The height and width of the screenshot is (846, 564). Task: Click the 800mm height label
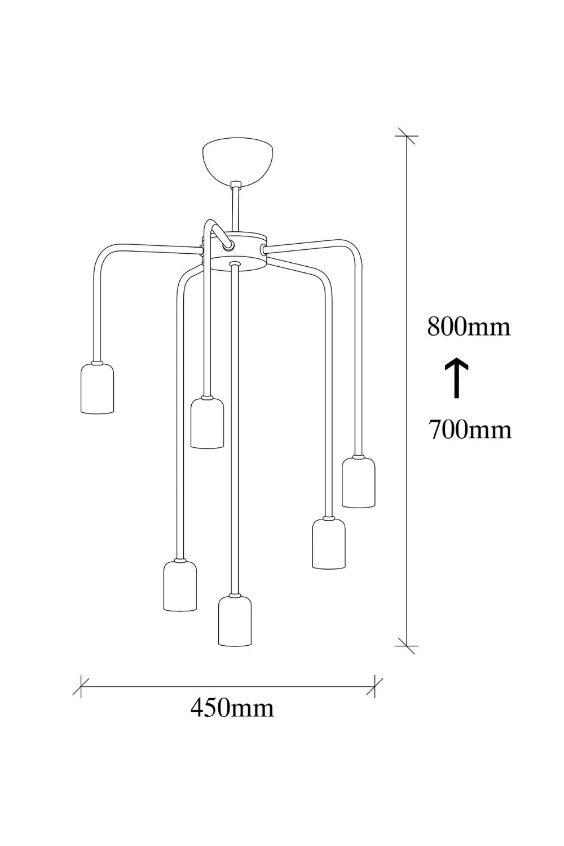(x=469, y=327)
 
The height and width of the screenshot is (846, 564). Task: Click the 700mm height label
(x=470, y=429)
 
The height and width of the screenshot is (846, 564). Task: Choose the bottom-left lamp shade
(x=180, y=585)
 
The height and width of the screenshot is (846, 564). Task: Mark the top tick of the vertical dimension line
(x=407, y=135)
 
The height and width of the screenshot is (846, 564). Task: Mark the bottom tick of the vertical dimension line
(x=407, y=646)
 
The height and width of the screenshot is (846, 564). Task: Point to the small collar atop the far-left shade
(x=98, y=363)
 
